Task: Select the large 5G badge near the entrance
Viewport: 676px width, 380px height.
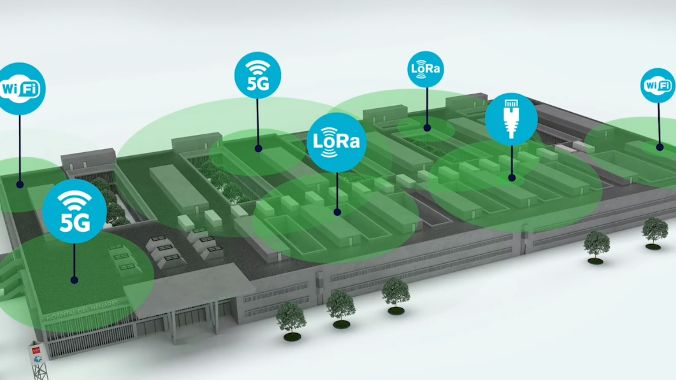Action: click(x=74, y=211)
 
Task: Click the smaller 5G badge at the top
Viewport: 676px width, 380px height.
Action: click(x=258, y=75)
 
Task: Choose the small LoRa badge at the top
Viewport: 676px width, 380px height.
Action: click(x=425, y=69)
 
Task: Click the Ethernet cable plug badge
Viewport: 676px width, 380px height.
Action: click(x=511, y=119)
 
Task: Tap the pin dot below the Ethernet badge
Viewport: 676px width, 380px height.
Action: click(x=512, y=178)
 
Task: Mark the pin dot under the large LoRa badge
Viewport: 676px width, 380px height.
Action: click(x=337, y=212)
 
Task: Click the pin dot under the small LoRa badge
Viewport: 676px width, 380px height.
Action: click(x=427, y=128)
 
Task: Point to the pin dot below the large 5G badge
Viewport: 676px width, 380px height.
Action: click(x=74, y=280)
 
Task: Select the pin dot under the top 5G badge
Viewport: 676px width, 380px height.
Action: click(x=258, y=148)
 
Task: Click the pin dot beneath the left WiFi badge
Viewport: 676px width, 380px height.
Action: click(x=20, y=184)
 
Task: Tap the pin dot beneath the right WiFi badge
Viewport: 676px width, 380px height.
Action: click(x=660, y=147)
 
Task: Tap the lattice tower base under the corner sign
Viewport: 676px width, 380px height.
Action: click(x=40, y=371)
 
